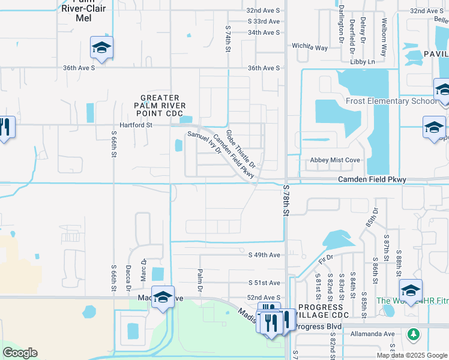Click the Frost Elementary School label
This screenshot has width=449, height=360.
[391, 101]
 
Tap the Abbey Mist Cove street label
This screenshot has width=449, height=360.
[334, 160]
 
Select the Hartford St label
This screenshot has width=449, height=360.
[136, 125]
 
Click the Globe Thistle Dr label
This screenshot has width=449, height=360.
[241, 148]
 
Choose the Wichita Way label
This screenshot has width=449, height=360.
[310, 46]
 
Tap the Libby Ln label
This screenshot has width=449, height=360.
[363, 62]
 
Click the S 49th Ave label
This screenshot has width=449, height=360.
[265, 255]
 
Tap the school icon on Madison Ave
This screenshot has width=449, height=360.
[163, 297]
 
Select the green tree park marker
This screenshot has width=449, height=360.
[413, 333]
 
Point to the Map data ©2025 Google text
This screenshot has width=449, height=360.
[411, 355]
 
